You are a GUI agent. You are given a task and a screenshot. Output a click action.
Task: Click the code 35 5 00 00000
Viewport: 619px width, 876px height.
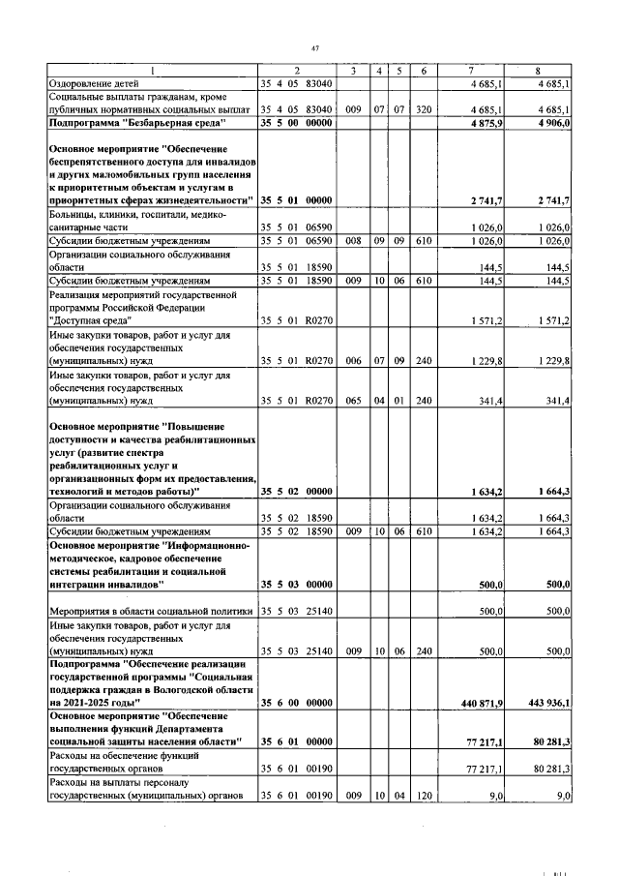click(x=297, y=123)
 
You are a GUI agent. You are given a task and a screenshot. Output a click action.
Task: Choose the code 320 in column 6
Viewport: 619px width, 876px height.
click(x=423, y=110)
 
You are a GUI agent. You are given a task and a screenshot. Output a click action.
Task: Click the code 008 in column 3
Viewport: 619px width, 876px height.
click(x=355, y=239)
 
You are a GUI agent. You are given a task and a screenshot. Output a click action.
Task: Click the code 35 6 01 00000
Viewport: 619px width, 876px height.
click(x=297, y=740)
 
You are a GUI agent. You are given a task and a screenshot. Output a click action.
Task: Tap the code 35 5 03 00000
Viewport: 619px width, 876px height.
click(x=297, y=585)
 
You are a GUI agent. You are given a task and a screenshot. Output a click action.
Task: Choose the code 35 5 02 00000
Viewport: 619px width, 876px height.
click(x=297, y=492)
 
